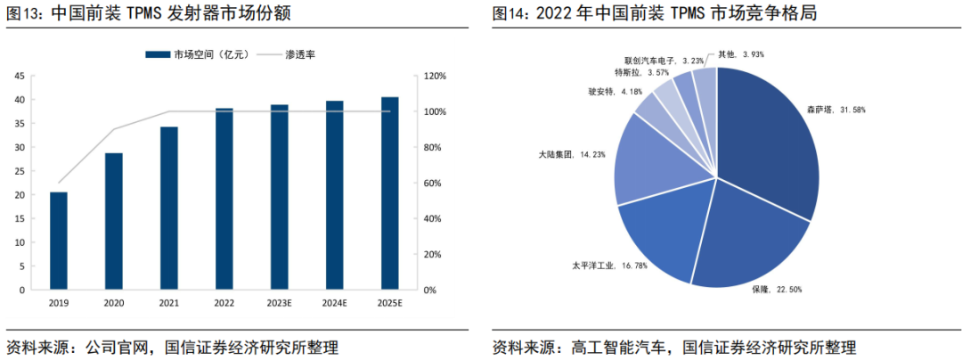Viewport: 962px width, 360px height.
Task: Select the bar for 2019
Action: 59,241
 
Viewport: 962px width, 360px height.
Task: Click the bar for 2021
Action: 169,209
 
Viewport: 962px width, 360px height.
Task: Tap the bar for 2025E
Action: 390,193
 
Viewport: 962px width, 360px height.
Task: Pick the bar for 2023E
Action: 280,197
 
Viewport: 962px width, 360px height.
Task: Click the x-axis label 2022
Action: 224,304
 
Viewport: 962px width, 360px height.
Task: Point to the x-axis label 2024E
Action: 335,304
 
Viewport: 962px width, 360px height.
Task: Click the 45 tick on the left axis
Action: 19,77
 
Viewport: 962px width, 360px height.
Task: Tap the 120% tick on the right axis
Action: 433,77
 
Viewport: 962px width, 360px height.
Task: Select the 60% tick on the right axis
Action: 431,184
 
